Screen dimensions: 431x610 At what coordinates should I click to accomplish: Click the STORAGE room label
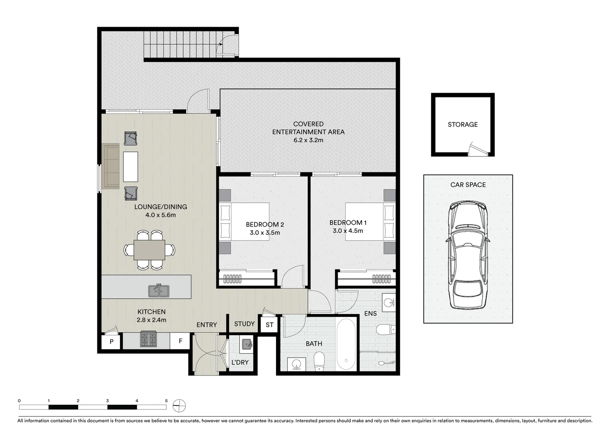(462, 125)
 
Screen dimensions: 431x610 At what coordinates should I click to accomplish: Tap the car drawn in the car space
(468, 255)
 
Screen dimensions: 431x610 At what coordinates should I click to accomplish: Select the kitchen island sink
(159, 291)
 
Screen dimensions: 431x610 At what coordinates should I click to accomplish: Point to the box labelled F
(180, 341)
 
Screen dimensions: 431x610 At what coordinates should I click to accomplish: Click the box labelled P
(111, 342)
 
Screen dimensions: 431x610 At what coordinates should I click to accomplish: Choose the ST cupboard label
(270, 325)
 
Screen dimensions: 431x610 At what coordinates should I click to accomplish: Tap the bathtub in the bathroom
(346, 344)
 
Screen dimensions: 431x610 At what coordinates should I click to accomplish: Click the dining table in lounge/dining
(149, 250)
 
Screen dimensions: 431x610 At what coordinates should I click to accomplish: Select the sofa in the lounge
(112, 166)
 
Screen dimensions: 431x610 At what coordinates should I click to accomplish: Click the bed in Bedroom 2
(244, 222)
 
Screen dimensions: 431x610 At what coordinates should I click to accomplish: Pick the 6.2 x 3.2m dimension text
(308, 140)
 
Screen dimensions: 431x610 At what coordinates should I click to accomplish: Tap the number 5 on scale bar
(166, 401)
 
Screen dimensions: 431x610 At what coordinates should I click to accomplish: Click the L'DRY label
(240, 362)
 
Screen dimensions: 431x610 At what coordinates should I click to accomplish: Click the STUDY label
(244, 324)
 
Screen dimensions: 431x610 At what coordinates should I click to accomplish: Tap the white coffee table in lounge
(130, 166)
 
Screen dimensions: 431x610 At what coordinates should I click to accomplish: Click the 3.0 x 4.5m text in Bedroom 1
(348, 231)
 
